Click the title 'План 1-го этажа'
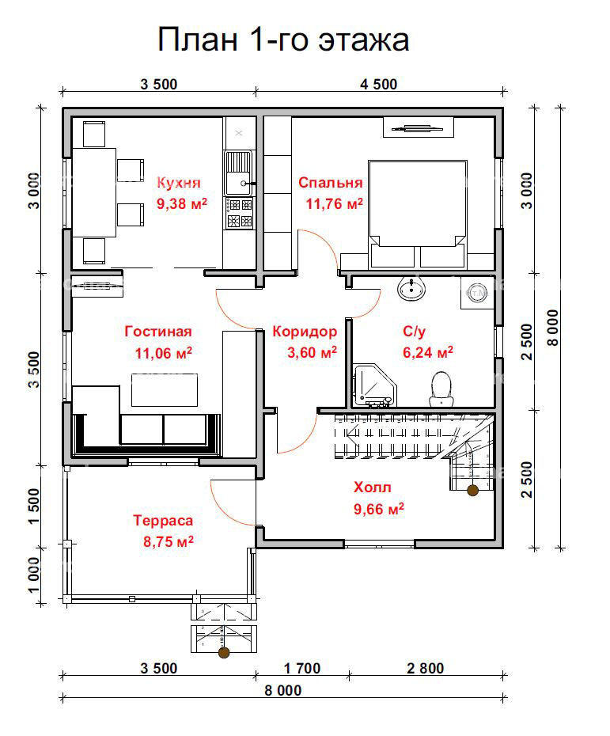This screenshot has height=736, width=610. pyautogui.click(x=283, y=40)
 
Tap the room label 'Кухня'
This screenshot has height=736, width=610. pyautogui.click(x=178, y=182)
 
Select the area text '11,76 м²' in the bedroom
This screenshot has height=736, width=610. pyautogui.click(x=335, y=203)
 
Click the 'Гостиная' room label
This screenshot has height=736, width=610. pyautogui.click(x=158, y=331)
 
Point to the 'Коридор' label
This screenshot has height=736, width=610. pyautogui.click(x=305, y=332)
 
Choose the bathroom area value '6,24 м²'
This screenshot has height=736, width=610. pyautogui.click(x=428, y=351)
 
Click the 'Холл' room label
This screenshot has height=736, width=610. pyautogui.click(x=372, y=487)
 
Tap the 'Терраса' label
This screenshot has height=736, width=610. pyautogui.click(x=163, y=520)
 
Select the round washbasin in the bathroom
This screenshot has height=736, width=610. pyautogui.click(x=411, y=288)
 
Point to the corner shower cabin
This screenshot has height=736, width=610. pyautogui.click(x=375, y=385)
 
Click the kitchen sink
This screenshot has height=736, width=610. pyautogui.click(x=239, y=173)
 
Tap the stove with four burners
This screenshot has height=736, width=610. pyautogui.click(x=239, y=213)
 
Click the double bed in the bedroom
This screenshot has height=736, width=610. pyautogui.click(x=417, y=214)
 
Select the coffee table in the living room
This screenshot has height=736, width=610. pyautogui.click(x=165, y=389)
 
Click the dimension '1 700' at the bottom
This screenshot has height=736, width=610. pyautogui.click(x=302, y=667)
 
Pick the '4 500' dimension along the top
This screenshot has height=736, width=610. pyautogui.click(x=378, y=84)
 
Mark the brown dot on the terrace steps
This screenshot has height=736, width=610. pyautogui.click(x=224, y=652)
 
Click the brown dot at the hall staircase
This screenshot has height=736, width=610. pyautogui.click(x=472, y=491)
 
